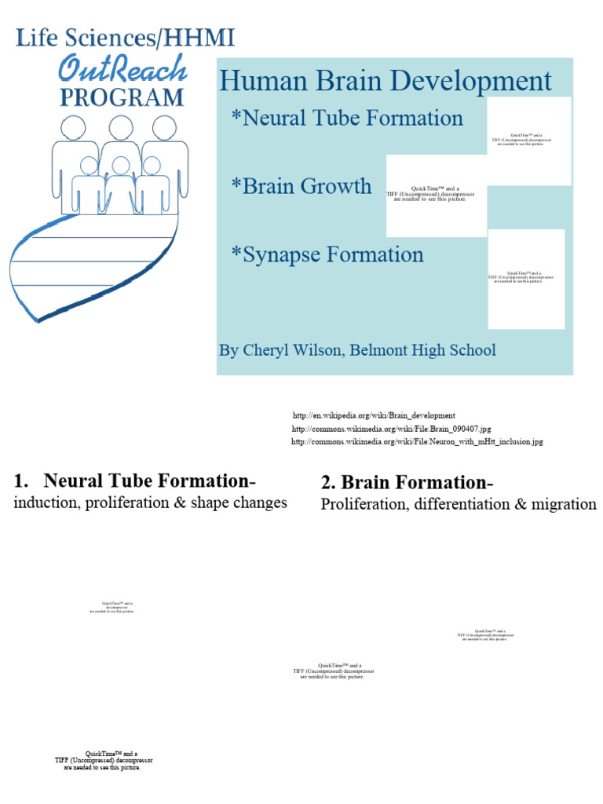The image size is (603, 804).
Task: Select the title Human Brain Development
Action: click(386, 81)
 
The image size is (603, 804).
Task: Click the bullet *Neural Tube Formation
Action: click(347, 119)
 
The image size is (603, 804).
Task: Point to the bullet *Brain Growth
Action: click(301, 186)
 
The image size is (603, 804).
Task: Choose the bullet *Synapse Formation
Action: click(327, 254)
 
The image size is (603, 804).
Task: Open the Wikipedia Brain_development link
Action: click(374, 415)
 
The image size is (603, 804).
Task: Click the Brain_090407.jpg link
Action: click(391, 429)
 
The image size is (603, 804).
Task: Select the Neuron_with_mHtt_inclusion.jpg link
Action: click(417, 442)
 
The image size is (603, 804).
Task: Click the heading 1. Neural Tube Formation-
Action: click(136, 481)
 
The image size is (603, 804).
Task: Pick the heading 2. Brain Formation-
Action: click(407, 483)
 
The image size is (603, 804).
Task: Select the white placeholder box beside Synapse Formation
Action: click(526, 278)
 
